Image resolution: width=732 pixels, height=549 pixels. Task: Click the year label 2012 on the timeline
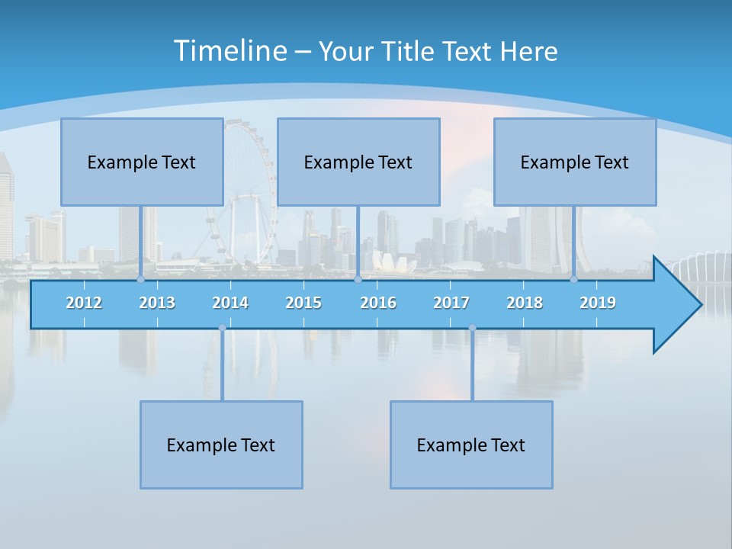(x=84, y=303)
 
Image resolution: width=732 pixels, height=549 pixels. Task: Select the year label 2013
(x=157, y=303)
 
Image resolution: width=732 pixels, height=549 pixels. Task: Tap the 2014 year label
(x=230, y=303)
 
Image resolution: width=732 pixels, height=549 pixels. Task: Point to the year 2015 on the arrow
(x=303, y=303)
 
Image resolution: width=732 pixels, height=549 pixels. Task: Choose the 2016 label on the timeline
(x=378, y=303)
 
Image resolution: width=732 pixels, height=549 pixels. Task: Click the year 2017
(x=451, y=303)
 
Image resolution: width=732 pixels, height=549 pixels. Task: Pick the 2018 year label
(x=525, y=303)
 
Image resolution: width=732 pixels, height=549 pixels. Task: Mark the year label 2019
(x=598, y=303)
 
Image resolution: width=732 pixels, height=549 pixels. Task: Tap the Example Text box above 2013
(x=142, y=162)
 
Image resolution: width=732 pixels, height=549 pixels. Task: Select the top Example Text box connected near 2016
(x=358, y=162)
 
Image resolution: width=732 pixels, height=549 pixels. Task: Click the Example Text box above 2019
(x=575, y=162)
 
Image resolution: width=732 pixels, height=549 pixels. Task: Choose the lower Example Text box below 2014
(x=221, y=445)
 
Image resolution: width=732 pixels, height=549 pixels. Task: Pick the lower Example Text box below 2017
(x=471, y=445)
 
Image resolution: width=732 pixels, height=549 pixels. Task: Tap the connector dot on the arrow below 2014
(x=222, y=328)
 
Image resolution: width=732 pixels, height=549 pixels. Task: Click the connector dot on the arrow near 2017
(x=472, y=328)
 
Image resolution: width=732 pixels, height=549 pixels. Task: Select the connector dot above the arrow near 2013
(x=141, y=279)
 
